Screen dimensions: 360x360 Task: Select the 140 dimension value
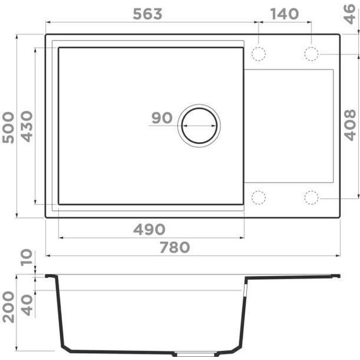pyautogui.click(x=285, y=13)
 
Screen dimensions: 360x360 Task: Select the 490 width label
pyautogui.click(x=149, y=229)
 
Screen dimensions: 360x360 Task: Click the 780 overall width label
pyautogui.click(x=173, y=247)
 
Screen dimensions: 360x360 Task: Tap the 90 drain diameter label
pyautogui.click(x=162, y=118)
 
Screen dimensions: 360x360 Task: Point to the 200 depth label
pyautogui.click(x=8, y=308)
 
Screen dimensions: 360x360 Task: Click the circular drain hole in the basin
pyautogui.click(x=200, y=124)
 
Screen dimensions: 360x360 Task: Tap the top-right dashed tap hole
pyautogui.click(x=311, y=54)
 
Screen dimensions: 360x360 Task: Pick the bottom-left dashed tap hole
pyautogui.click(x=259, y=198)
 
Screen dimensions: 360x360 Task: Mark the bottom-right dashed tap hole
pyautogui.click(x=311, y=198)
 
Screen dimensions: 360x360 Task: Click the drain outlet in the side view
pyautogui.click(x=188, y=353)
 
